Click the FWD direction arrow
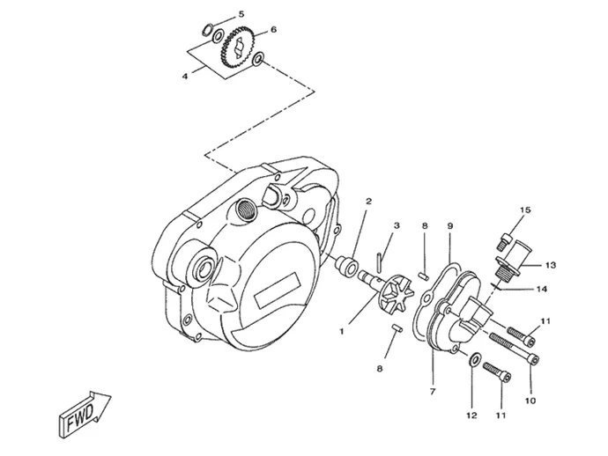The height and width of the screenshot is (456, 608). click(85, 414)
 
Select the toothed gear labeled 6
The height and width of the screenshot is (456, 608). click(236, 48)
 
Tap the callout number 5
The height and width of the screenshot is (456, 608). click(241, 14)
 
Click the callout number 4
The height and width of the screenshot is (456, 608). click(185, 77)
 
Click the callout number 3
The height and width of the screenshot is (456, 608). click(397, 225)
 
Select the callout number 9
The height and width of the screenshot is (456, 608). click(450, 225)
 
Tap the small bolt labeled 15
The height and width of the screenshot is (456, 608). click(504, 242)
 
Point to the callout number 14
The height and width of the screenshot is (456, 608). click(542, 289)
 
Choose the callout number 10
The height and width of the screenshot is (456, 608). click(530, 401)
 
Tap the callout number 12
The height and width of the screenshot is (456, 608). click(471, 416)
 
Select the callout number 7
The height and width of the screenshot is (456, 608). click(433, 392)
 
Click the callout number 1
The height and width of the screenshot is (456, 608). click(342, 332)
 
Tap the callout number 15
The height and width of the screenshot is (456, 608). click(525, 210)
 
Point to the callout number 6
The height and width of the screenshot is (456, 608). click(273, 29)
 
